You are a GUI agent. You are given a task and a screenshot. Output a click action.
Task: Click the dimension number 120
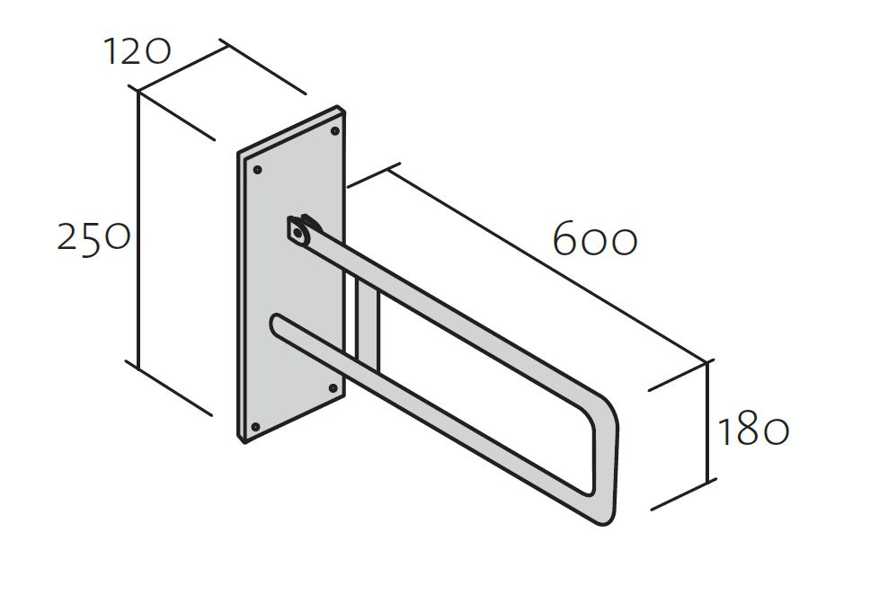coord(137,52)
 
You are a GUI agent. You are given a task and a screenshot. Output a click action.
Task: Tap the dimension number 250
coord(94,237)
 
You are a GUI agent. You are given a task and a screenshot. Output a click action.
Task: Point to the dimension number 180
coord(753,431)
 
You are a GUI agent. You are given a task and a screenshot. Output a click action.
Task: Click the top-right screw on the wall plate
coord(334,131)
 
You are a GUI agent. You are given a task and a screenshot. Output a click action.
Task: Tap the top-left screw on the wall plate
coord(257,169)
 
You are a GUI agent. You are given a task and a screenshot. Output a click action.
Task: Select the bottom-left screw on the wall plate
coord(255,426)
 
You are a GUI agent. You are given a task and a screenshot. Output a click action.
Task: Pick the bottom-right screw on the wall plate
coord(333,387)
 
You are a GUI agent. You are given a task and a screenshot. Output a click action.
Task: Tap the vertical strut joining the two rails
coord(367,323)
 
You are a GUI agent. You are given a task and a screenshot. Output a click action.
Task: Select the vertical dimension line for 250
coord(138,227)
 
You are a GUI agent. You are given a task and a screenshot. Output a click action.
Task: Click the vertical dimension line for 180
coord(708,422)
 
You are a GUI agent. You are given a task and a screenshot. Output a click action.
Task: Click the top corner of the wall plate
coord(338,106)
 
